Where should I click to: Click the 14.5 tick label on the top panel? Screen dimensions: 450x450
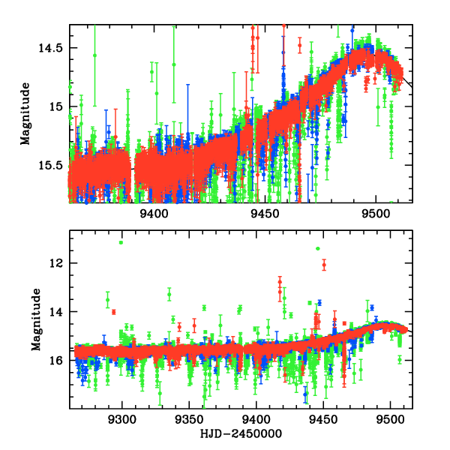[x=52, y=48]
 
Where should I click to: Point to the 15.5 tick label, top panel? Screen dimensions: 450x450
[x=52, y=165]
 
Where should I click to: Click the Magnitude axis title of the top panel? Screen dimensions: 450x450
[x=25, y=113]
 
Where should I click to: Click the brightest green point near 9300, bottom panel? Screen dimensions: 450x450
[x=121, y=242]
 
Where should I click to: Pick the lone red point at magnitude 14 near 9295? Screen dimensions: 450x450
[x=114, y=311]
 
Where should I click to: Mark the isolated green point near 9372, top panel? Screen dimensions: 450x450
[x=94, y=55]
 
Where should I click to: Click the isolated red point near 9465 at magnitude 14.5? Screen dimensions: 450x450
[x=301, y=45]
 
